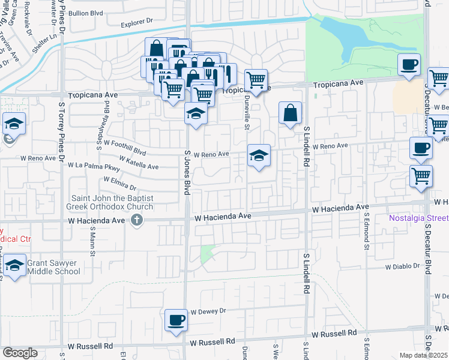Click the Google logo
tap(20, 353)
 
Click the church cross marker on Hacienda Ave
tap(137, 220)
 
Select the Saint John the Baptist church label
tap(112, 202)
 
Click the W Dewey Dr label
tap(208, 311)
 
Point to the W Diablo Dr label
tap(405, 266)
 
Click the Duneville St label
tap(247, 117)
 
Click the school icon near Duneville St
tap(259, 156)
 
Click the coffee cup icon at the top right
tap(409, 64)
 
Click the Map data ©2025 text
tap(423, 355)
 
